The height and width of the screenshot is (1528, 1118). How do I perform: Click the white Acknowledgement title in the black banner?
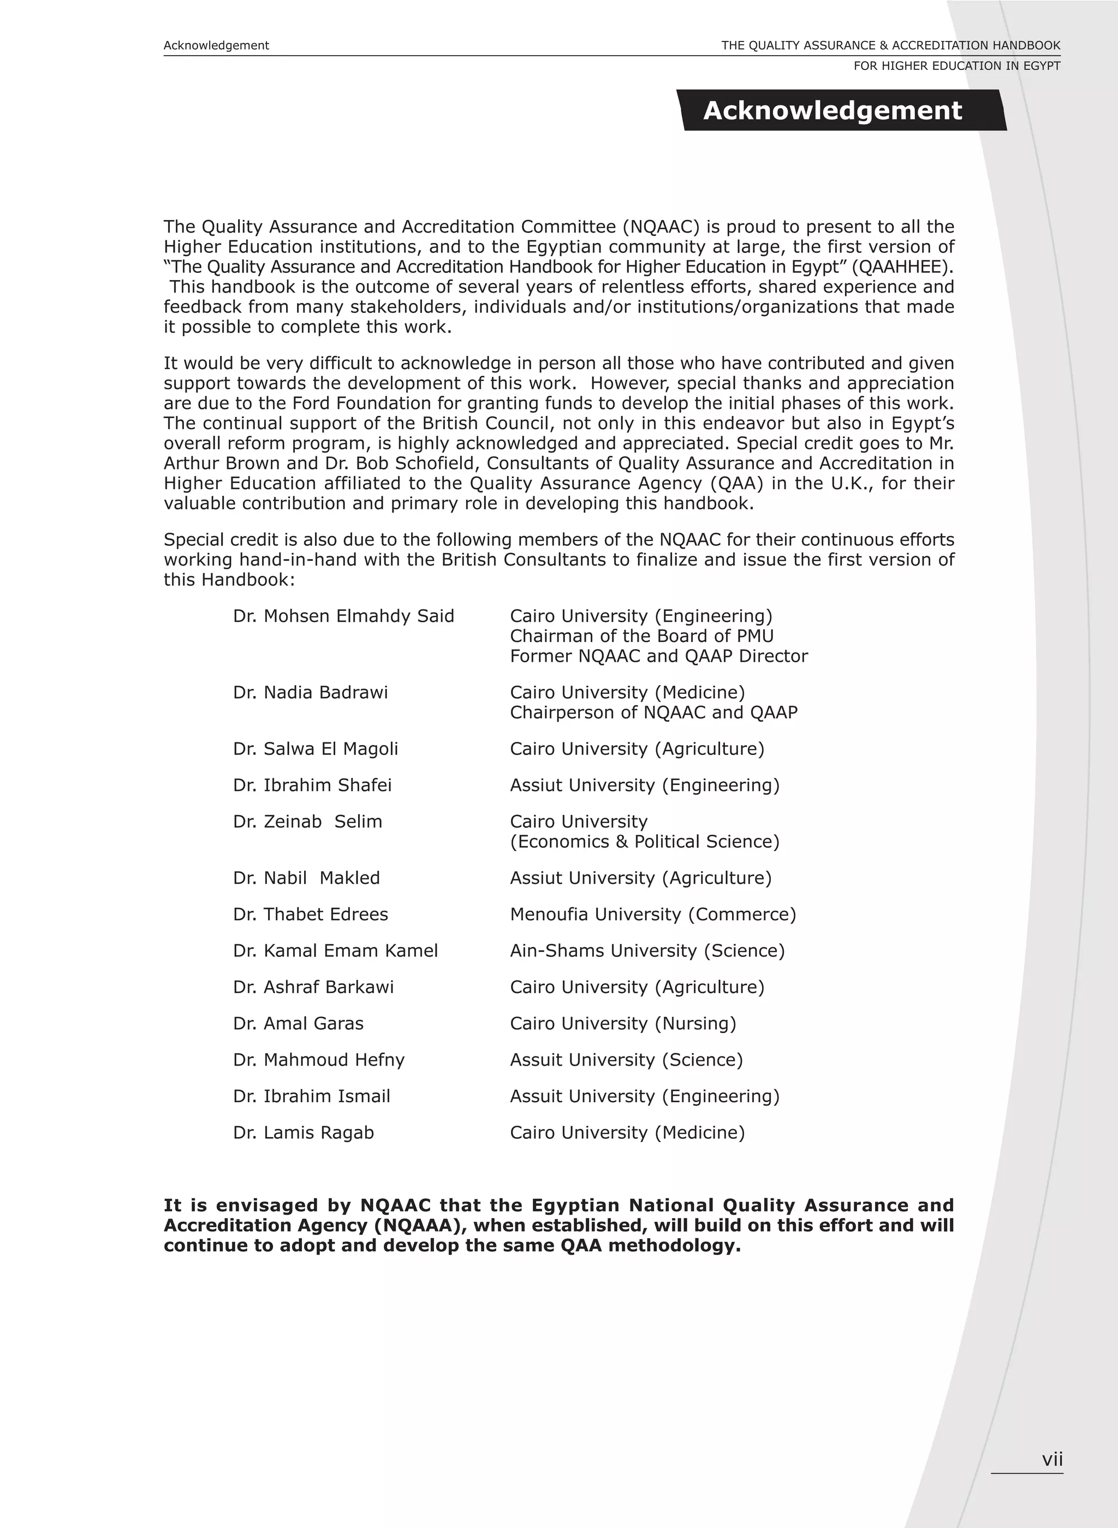point(832,110)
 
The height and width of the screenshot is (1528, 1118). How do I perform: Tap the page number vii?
point(1052,1459)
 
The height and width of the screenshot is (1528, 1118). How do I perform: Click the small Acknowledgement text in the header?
point(216,45)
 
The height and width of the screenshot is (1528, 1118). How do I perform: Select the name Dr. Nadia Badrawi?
point(310,692)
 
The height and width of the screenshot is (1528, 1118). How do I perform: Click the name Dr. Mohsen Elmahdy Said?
point(343,616)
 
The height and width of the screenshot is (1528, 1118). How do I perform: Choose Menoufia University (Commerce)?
point(652,914)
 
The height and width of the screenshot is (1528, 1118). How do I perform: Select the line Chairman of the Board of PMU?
point(641,636)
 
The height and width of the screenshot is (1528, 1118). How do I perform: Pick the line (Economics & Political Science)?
point(644,841)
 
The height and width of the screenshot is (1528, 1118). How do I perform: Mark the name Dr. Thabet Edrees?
point(310,914)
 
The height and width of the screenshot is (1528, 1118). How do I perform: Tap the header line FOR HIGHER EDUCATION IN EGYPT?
point(956,66)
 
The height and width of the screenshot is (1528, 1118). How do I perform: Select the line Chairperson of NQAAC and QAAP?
point(653,712)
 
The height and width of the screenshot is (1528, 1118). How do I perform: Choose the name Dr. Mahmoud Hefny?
point(318,1060)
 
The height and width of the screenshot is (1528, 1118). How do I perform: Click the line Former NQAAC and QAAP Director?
point(658,656)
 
